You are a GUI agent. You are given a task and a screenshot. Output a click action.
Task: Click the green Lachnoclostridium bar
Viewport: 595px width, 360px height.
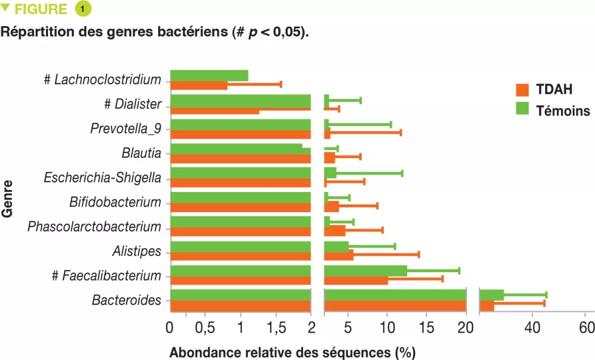[x=209, y=75]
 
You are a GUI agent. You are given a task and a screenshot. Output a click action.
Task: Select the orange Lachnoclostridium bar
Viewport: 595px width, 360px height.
[x=199, y=85]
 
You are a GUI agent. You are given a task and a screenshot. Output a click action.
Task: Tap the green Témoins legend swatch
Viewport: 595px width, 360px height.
[x=523, y=110]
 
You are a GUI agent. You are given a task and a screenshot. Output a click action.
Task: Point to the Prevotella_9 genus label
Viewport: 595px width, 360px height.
[x=126, y=129]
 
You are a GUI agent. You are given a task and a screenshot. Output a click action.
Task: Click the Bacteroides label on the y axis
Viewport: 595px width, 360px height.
[x=126, y=300]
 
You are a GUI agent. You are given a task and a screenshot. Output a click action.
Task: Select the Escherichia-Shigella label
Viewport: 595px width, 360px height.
[x=103, y=178]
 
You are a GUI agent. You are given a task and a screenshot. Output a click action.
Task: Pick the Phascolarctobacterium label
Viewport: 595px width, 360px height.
[x=94, y=226]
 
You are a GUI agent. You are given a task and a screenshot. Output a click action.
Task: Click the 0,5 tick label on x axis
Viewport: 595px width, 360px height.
[x=204, y=328]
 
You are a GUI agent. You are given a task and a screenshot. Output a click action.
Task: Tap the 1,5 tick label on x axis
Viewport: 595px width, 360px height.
[x=276, y=328]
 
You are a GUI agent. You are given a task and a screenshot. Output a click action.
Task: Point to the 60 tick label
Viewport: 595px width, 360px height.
[x=586, y=328]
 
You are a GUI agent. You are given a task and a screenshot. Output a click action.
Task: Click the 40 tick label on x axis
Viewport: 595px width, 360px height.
[x=532, y=328]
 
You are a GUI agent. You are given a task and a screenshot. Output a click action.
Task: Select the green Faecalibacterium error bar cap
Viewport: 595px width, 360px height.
[x=459, y=271]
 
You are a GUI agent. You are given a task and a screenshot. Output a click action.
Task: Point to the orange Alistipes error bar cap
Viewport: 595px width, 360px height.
[x=419, y=254]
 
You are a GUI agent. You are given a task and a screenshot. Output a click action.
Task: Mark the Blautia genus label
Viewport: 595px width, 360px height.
[x=141, y=153]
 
